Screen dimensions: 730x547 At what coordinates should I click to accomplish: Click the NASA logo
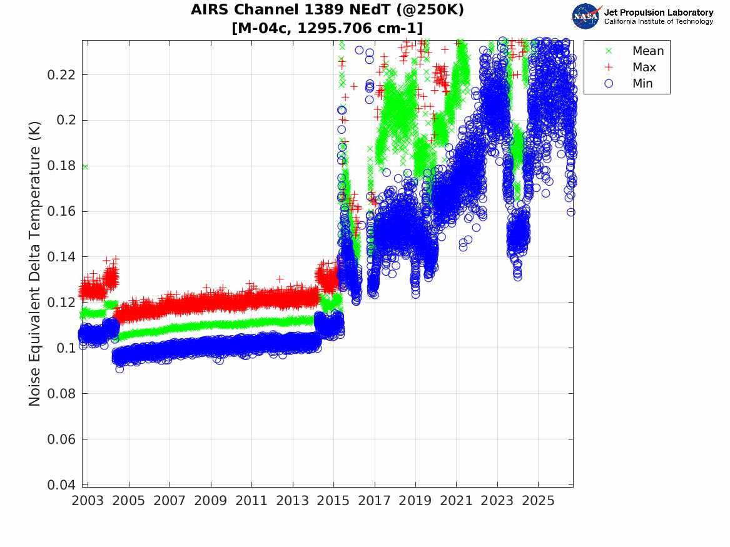pyautogui.click(x=586, y=16)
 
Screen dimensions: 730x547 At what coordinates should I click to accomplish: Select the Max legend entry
pyautogui.click(x=631, y=67)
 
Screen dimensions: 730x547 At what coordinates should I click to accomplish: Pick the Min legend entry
pyautogui.click(x=629, y=83)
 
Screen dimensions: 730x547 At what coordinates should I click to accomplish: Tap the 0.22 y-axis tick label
pyautogui.click(x=61, y=74)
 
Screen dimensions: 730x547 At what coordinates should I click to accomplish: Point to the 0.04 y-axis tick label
pyautogui.click(x=61, y=484)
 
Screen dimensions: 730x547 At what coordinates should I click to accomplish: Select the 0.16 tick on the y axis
pyautogui.click(x=61, y=211)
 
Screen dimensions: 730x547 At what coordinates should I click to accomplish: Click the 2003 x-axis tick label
pyautogui.click(x=88, y=501)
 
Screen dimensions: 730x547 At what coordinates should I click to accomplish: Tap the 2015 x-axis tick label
pyautogui.click(x=333, y=501)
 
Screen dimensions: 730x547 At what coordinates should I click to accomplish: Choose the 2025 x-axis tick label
pyautogui.click(x=538, y=501)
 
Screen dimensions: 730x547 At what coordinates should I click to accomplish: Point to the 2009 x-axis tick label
pyautogui.click(x=210, y=501)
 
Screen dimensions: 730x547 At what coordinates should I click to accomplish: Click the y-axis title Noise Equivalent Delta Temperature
pyautogui.click(x=34, y=264)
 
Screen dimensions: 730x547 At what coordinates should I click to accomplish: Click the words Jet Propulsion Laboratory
pyautogui.click(x=659, y=13)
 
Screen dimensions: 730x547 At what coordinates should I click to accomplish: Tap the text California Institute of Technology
pyautogui.click(x=659, y=21)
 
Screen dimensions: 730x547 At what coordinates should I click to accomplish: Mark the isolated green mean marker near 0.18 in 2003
pyautogui.click(x=84, y=166)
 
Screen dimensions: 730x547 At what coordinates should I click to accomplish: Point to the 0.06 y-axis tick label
pyautogui.click(x=61, y=439)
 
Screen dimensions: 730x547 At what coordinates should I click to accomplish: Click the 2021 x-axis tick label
pyautogui.click(x=456, y=501)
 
